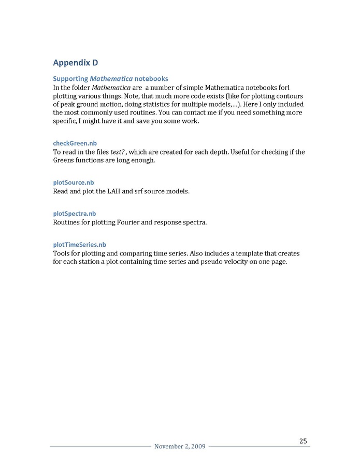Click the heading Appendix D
pyautogui.click(x=75, y=63)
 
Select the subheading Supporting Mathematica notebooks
pyautogui.click(x=110, y=79)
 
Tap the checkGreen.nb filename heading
pyautogui.click(x=75, y=143)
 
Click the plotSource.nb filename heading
pyautogui.click(x=74, y=182)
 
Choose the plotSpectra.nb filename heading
pyautogui.click(x=74, y=214)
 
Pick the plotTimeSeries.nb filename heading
pyautogui.click(x=79, y=245)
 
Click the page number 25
pyautogui.click(x=303, y=441)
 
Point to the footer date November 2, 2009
pyautogui.click(x=180, y=447)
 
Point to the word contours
pyautogui.click(x=287, y=96)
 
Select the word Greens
pyautogui.click(x=63, y=160)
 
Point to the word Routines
pyautogui.click(x=67, y=222)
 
